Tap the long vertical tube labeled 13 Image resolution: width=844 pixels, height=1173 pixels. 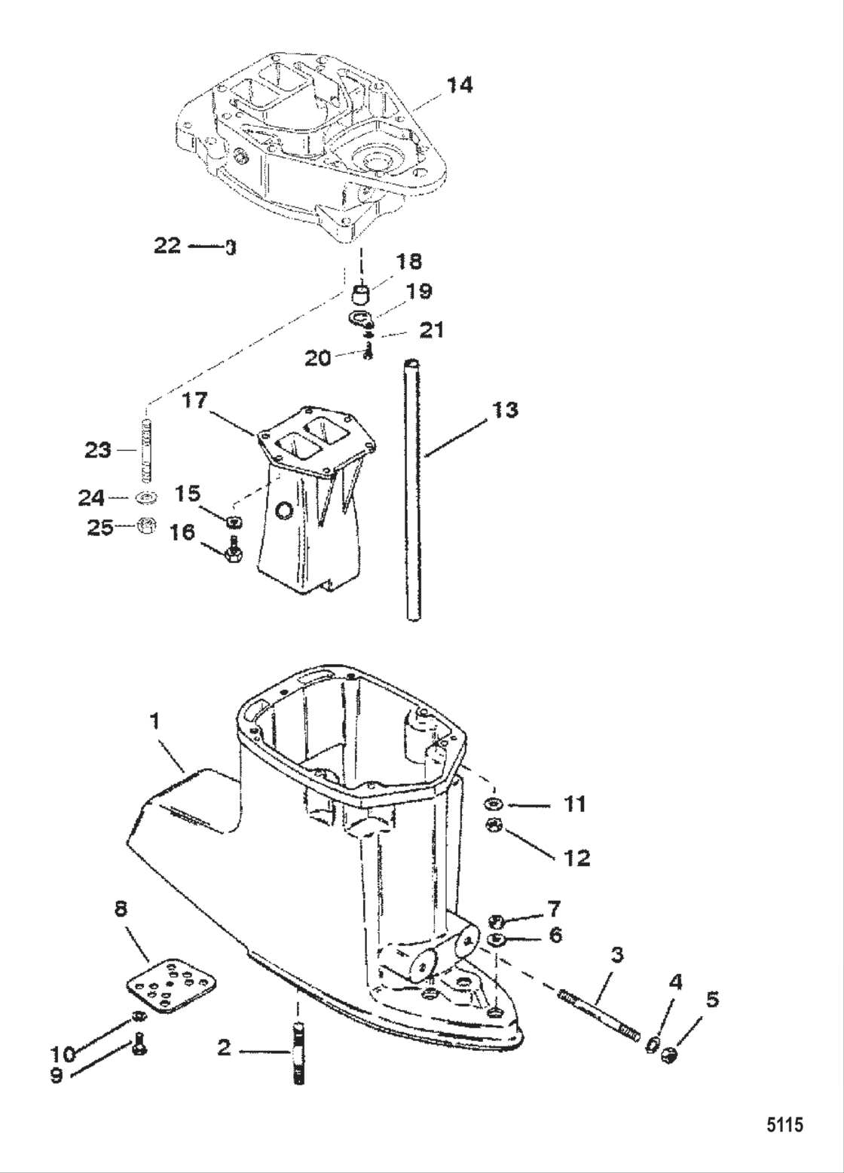(x=412, y=490)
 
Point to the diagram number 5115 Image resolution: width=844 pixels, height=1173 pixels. (x=784, y=1126)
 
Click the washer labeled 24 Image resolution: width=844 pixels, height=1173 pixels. (x=147, y=498)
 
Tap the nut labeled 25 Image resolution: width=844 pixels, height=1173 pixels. (x=148, y=526)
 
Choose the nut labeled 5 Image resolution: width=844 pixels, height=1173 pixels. (x=667, y=1057)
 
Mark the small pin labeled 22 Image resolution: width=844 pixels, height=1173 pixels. (x=231, y=247)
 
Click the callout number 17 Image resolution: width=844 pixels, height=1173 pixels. (x=195, y=400)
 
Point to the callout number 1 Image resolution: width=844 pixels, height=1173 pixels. (x=154, y=721)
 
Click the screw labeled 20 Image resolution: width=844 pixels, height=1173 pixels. (x=368, y=352)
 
